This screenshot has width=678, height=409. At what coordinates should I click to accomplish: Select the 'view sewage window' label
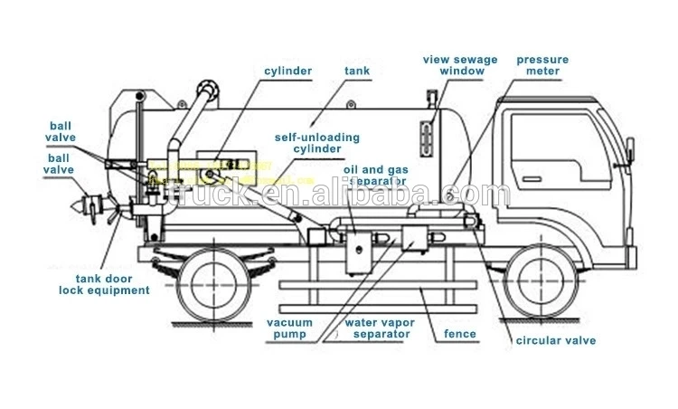coord(460,65)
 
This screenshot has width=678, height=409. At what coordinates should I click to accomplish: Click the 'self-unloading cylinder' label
coord(316,143)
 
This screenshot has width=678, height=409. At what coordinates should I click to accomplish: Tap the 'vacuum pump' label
coord(289,328)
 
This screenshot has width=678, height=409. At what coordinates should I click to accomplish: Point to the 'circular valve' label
coord(555,340)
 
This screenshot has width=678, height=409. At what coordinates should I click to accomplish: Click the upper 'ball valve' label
coord(62,131)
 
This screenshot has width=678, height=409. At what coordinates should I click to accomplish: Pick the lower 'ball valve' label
coord(62,163)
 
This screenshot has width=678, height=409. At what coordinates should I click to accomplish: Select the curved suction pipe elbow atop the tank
coord(207,91)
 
